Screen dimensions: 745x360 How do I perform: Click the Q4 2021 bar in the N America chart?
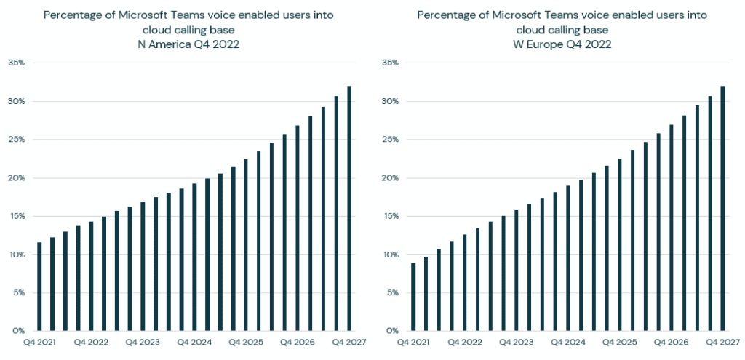pos(39,287)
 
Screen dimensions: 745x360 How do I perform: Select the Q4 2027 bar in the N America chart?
pos(349,208)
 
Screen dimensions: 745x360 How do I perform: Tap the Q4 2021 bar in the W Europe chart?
pos(413,297)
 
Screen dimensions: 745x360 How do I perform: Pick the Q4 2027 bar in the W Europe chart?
pos(723,208)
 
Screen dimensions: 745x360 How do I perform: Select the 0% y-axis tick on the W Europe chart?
pos(392,331)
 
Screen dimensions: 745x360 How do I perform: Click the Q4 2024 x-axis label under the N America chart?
pos(194,342)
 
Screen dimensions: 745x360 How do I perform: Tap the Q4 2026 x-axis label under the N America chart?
pos(298,342)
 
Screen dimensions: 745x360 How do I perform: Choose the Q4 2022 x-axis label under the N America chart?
pos(91,342)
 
